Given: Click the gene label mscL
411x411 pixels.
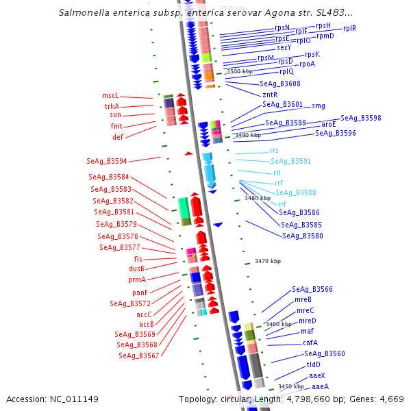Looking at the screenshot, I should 110,96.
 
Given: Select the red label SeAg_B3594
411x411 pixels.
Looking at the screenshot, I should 107,162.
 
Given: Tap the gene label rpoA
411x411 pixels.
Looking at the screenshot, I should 307,64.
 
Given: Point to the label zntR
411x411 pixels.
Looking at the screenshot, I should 270,95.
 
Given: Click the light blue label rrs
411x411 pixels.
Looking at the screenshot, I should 275,150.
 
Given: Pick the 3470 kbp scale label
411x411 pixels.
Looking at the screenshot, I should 268,261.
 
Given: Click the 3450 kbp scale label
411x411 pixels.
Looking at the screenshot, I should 291,386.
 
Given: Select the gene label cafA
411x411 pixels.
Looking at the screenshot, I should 310,342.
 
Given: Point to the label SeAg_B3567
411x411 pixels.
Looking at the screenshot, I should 139,356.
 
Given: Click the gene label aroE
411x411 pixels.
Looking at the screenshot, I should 329,125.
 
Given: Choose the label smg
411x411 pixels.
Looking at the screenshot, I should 319,105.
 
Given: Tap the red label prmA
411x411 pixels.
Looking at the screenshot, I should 137,279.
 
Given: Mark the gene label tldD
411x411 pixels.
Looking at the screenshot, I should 314,364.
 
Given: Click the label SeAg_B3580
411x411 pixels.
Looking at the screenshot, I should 303,236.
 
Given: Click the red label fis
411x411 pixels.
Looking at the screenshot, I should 138,259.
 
